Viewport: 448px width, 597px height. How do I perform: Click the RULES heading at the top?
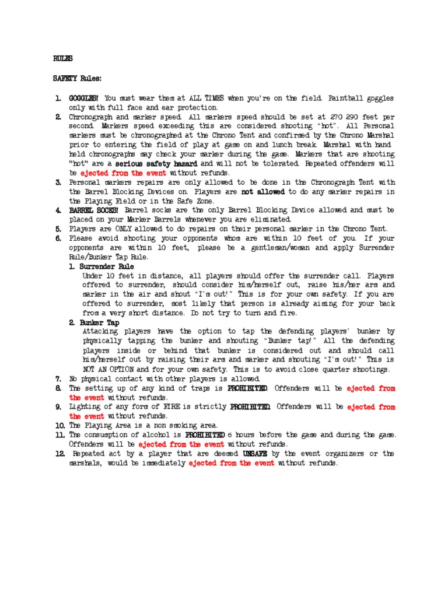tap(63, 59)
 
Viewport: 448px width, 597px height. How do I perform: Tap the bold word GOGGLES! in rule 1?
tap(85, 98)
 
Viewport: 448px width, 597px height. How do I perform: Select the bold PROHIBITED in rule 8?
tap(248, 388)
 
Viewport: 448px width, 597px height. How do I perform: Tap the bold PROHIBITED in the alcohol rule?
tap(205, 434)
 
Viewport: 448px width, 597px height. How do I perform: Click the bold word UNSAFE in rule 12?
tap(256, 454)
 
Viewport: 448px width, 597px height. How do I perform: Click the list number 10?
tap(59, 425)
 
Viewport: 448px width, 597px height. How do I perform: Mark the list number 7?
tap(58, 378)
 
